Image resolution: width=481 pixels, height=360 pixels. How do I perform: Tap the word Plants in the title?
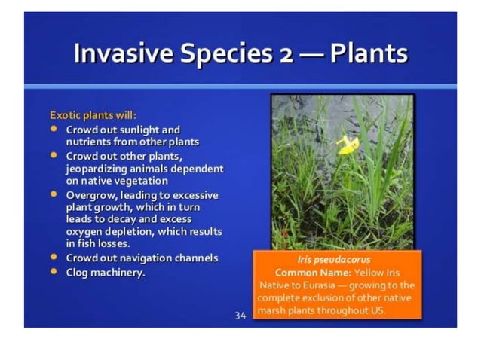[369, 54]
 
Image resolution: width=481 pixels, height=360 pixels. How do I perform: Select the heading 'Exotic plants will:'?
[93, 116]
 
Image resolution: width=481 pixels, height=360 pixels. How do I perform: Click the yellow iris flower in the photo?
[348, 144]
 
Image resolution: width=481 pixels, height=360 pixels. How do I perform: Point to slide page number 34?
[240, 316]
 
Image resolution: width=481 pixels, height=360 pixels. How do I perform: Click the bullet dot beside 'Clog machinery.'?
[54, 271]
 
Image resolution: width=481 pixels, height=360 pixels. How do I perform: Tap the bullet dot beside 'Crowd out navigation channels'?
[54, 257]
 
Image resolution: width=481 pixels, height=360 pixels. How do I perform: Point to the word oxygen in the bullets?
[84, 232]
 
